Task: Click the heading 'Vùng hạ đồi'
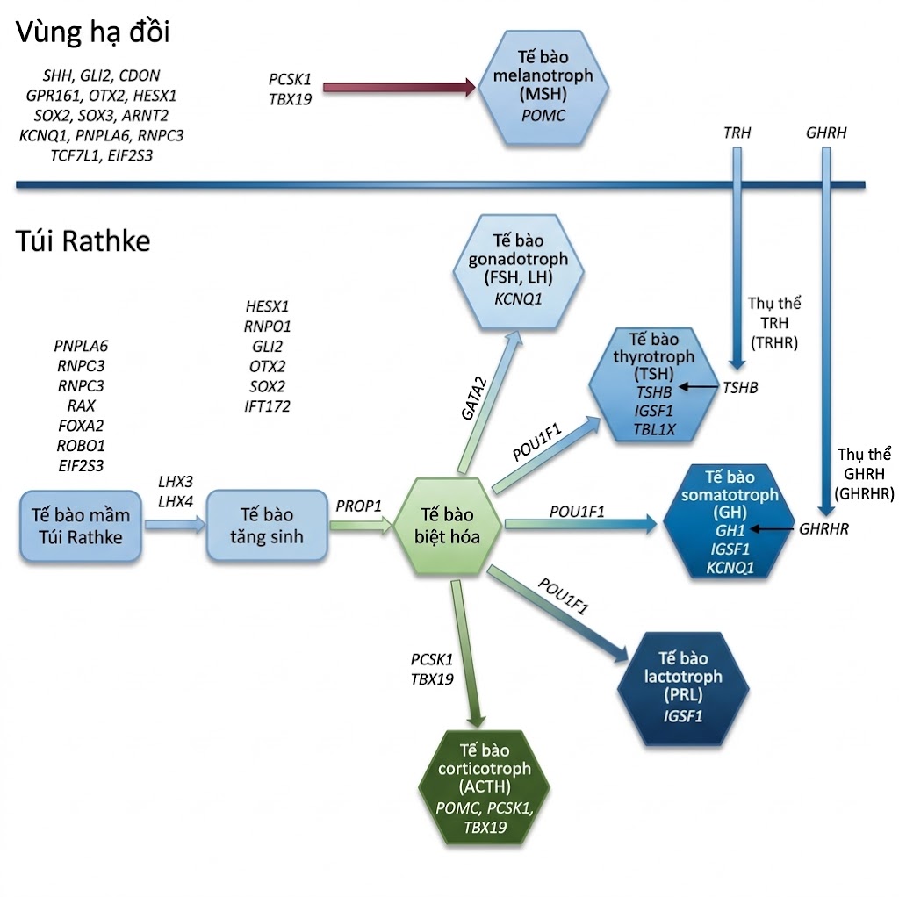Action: coord(93,33)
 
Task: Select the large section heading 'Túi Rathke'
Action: coord(83,240)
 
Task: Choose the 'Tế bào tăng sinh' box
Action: coord(266,525)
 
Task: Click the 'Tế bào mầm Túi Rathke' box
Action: coord(81,526)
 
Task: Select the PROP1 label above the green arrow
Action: coord(359,506)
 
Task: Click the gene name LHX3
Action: coord(175,482)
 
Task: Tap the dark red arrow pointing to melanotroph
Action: coord(399,87)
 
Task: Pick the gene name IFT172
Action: coord(267,406)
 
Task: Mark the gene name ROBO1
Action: coord(80,446)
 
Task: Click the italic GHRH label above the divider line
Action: coord(826,133)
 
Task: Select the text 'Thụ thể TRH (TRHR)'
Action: coord(773,323)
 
